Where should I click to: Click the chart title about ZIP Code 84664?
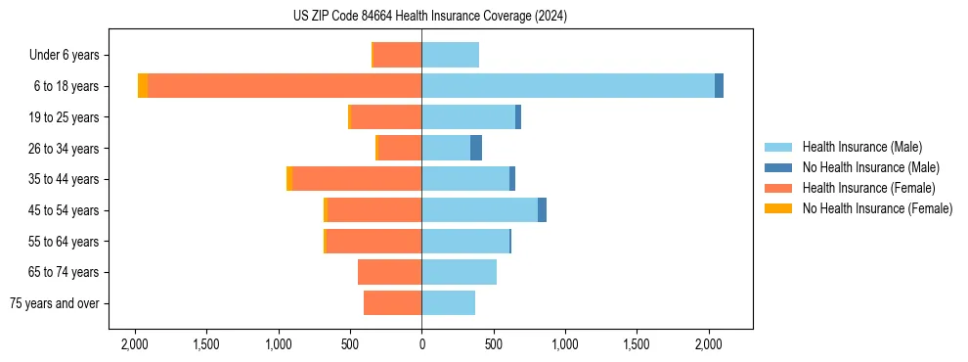pos(429,17)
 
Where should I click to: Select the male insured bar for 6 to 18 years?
pos(568,86)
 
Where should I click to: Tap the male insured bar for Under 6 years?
pos(451,55)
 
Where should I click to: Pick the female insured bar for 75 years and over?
pos(393,303)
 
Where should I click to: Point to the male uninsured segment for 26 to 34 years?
pos(476,148)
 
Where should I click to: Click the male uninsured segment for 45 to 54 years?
pos(542,210)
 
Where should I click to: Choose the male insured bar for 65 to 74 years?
pos(460,272)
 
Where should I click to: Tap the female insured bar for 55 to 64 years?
pos(374,241)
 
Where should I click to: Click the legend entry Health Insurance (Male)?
pos(860,147)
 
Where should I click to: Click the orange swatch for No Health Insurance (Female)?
pos(778,208)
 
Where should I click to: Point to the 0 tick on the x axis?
pos(422,344)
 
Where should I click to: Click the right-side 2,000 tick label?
pos(709,344)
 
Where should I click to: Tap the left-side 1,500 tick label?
pos(206,344)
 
